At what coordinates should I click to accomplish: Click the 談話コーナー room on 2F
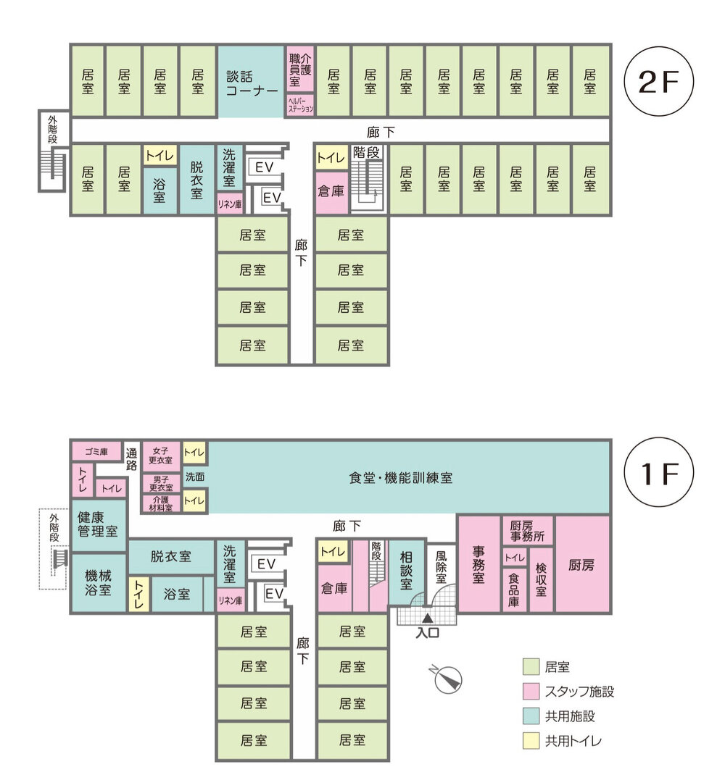pos(251,82)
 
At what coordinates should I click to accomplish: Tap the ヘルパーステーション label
pos(300,105)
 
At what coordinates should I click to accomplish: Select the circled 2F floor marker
pos(659,81)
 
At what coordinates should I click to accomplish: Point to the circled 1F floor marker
pos(659,472)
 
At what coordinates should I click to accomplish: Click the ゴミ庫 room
pos(96,452)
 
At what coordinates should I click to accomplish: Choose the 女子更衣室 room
pos(161,456)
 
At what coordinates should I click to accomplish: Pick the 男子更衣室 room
pos(161,483)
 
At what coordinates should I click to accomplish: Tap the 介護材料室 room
pos(161,503)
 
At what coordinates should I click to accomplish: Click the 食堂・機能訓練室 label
pos(401,478)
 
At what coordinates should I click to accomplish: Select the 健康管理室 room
pos(99,525)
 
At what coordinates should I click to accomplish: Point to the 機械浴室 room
pos(99,582)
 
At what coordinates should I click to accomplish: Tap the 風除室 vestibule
pos(442,566)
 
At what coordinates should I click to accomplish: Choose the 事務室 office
pos(478,564)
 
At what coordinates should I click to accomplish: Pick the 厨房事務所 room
pos(527,532)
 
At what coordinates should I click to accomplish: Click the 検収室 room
pos(542,579)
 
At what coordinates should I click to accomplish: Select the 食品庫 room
pos(514,590)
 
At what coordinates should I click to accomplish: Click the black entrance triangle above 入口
pos(428,618)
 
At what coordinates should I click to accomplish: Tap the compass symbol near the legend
pos(447,679)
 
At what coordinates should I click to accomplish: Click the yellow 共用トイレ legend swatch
pos(531,741)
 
